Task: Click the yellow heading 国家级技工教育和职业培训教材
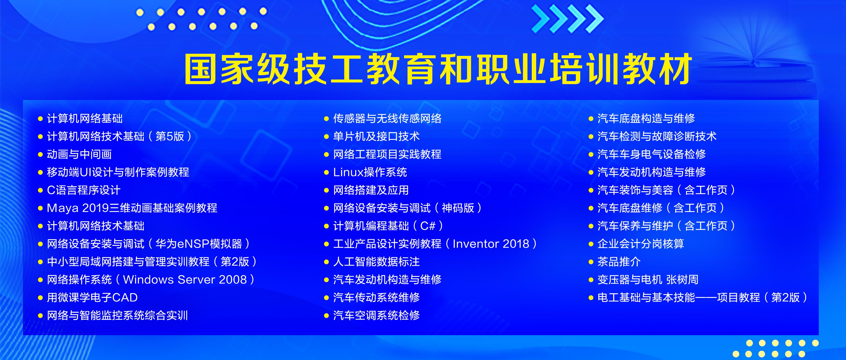(438, 69)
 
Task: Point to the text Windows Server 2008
(185, 280)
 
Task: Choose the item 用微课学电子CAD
(92, 298)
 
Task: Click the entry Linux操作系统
(370, 172)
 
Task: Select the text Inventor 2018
(491, 244)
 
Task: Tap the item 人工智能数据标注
(376, 262)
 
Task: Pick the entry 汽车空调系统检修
(376, 315)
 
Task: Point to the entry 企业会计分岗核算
(641, 244)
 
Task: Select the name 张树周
(682, 280)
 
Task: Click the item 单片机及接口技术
(376, 136)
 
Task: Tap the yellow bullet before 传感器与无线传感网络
(326, 119)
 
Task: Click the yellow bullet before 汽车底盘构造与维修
(591, 119)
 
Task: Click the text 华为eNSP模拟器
(199, 244)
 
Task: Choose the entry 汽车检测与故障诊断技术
(657, 136)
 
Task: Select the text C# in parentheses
(428, 226)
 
